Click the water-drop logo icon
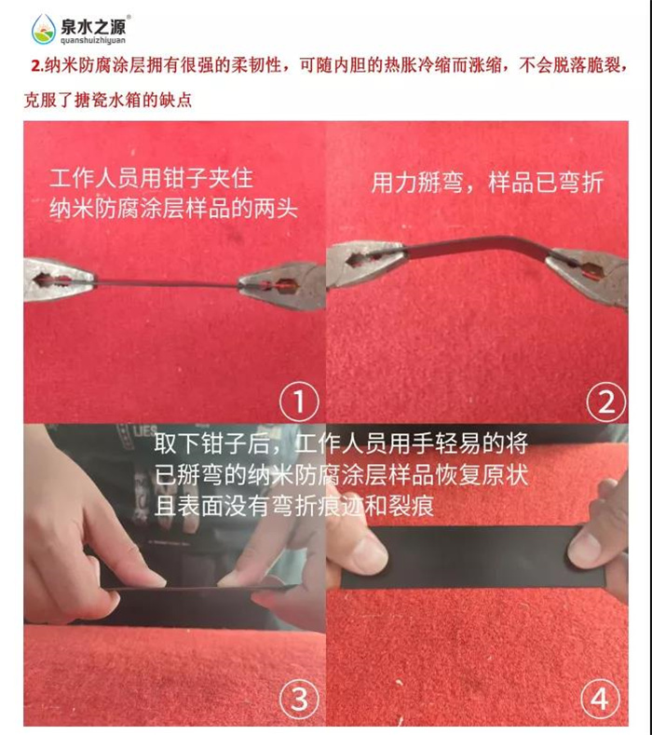[43, 29]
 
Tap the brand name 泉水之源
[93, 26]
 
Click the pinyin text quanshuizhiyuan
[93, 40]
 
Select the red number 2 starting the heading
[36, 65]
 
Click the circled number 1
[299, 402]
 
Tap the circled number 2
[606, 402]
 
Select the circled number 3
[299, 700]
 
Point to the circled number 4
[600, 699]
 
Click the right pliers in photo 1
[282, 285]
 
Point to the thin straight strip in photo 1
[167, 282]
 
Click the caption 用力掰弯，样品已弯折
[487, 182]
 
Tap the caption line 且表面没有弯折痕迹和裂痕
[294, 505]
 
